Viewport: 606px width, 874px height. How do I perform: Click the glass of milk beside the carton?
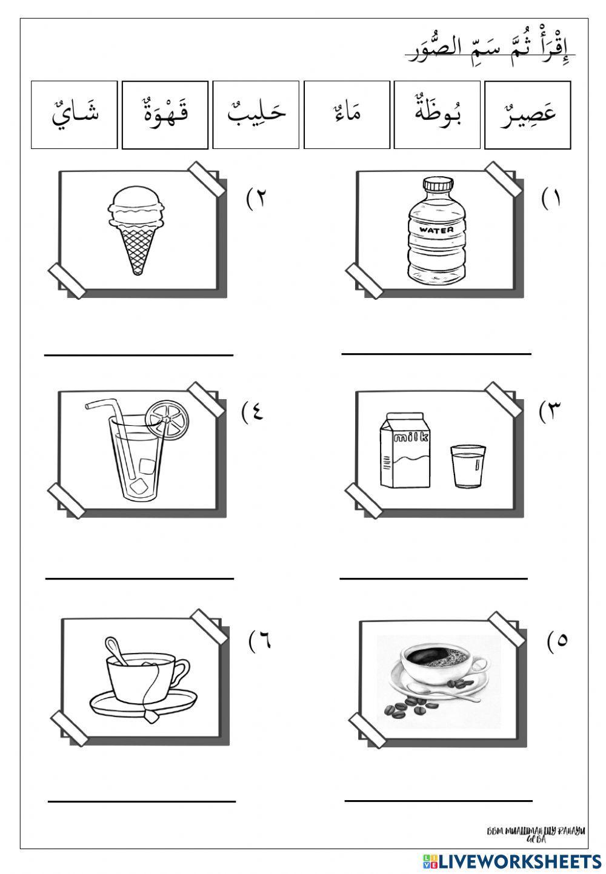click(x=468, y=466)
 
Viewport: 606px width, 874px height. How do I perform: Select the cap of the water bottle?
click(x=435, y=184)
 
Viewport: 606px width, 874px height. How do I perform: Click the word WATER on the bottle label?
click(x=436, y=230)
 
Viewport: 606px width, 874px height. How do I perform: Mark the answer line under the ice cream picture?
click(x=138, y=355)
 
